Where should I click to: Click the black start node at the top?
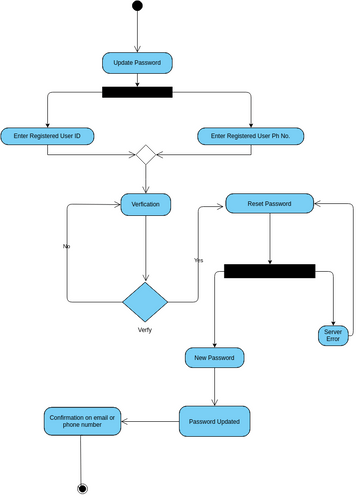coord(137,8)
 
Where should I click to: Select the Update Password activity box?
coord(137,63)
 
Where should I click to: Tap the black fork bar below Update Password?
coord(137,93)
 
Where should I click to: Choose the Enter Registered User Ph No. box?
coord(250,135)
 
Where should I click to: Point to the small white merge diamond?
coord(146,155)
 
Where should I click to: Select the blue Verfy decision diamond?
coord(146,300)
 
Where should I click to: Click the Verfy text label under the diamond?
coord(146,329)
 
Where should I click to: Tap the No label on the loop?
coord(67,245)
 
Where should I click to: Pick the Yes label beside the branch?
coord(198,260)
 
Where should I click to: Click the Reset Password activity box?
coord(270,203)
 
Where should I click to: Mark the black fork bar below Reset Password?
coord(269,271)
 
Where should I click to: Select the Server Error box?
coord(333,335)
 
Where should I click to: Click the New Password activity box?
coord(214,357)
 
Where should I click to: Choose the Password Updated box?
coord(214,421)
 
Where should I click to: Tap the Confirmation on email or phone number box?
coord(82,421)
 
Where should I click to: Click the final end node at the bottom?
coord(82,488)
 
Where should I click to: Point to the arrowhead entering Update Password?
coord(137,50)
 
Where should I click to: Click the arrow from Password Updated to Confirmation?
coord(150,421)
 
